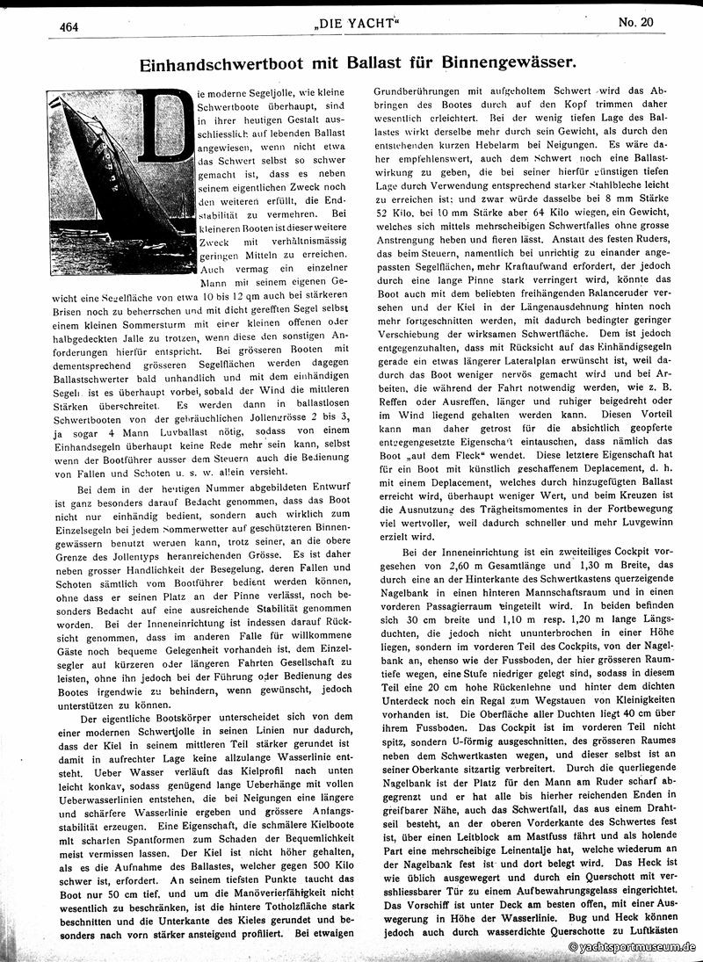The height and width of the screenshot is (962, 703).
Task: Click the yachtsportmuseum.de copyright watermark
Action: [631, 947]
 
